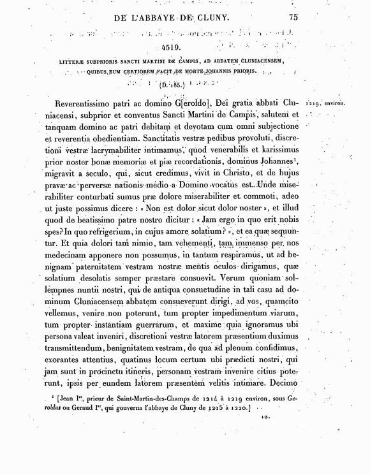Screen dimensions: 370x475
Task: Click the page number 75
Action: click(293, 18)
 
